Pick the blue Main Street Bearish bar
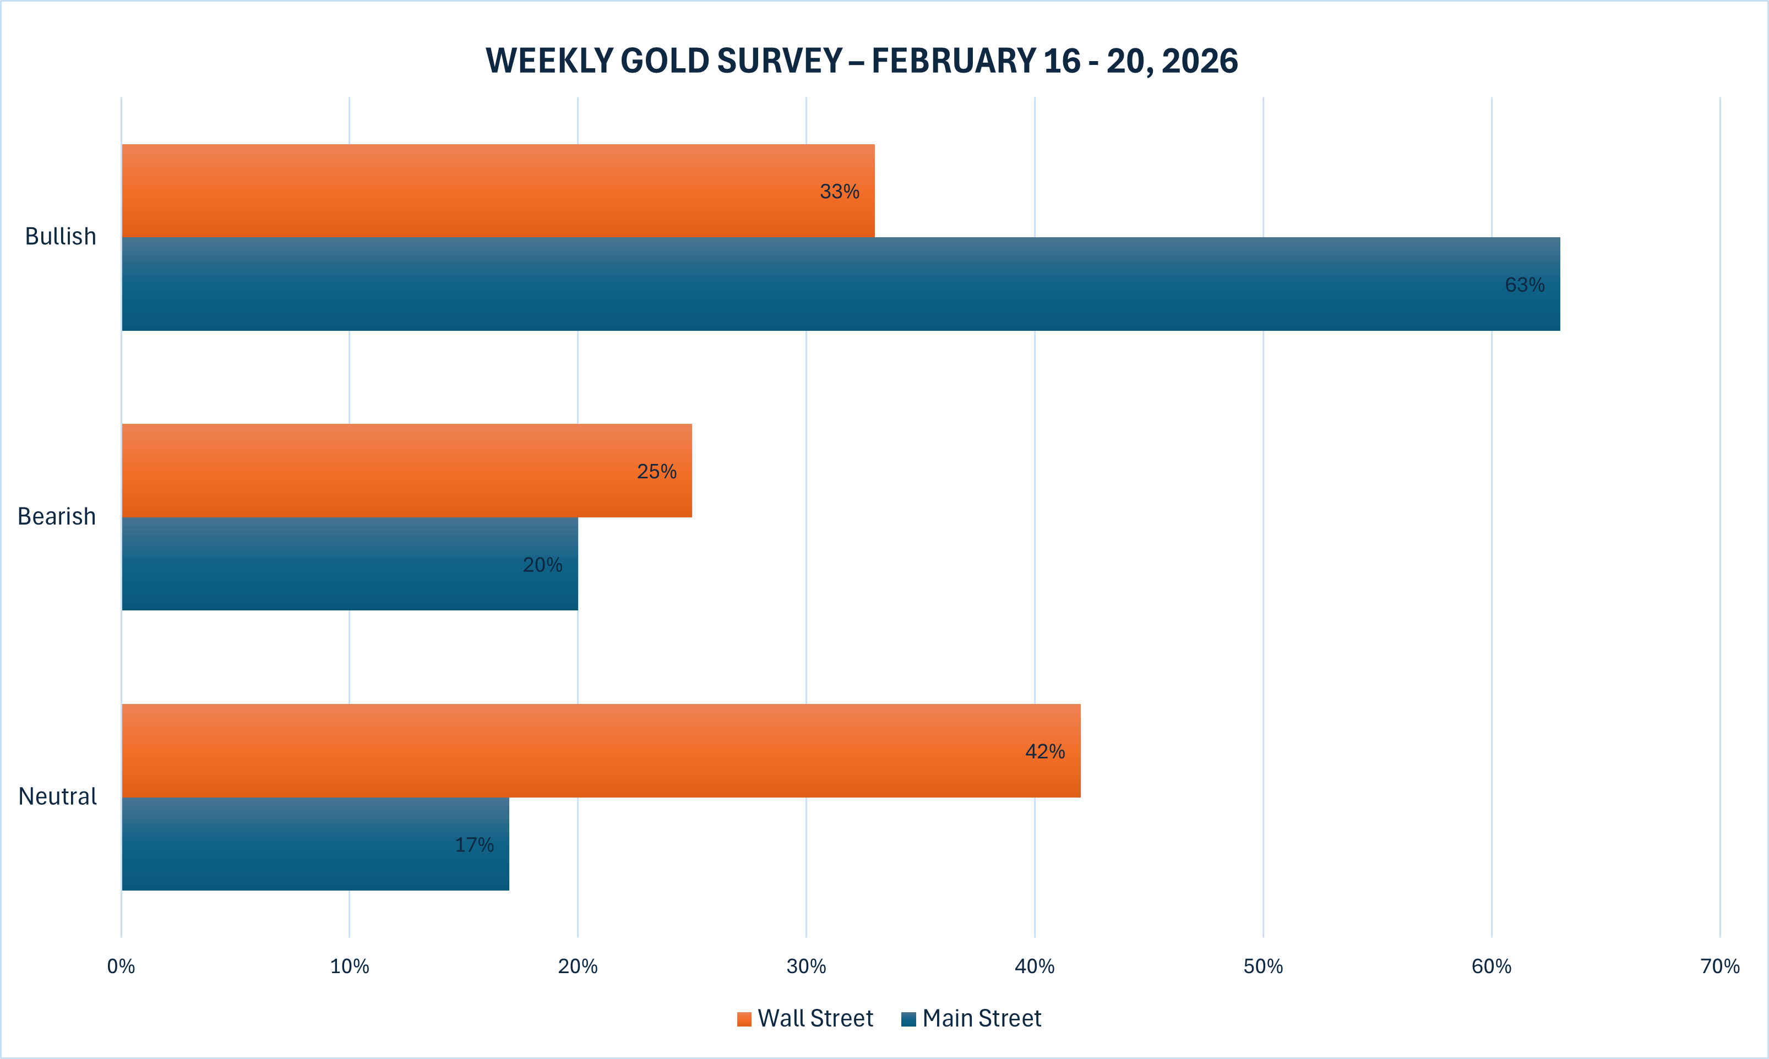click(x=349, y=564)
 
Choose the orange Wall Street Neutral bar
click(x=600, y=751)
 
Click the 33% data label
click(x=839, y=191)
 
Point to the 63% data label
click(x=1524, y=285)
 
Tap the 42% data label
click(x=1044, y=751)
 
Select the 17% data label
click(x=475, y=845)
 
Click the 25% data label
click(x=656, y=471)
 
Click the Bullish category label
click(x=61, y=236)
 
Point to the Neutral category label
click(x=58, y=796)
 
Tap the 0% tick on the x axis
click(x=121, y=966)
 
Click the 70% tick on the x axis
click(x=1720, y=966)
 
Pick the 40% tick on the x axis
click(x=1034, y=966)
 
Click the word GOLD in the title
click(x=665, y=61)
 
